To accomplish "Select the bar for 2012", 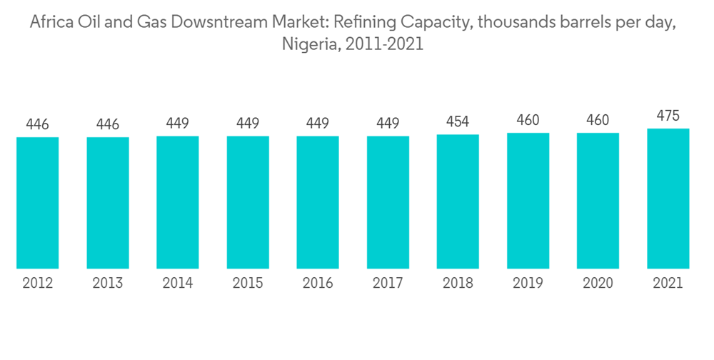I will [37, 203].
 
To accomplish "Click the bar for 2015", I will [248, 202].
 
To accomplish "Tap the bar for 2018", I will [458, 201].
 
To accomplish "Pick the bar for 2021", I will [668, 199].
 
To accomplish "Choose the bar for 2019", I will [528, 201].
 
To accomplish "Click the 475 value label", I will [668, 116].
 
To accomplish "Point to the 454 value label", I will [458, 121].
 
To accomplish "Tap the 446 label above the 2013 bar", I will [107, 124].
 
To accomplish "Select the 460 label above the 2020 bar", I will [598, 120].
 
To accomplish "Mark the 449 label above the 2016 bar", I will [318, 124].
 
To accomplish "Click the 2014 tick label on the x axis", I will [178, 284].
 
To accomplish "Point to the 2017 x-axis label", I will [388, 284].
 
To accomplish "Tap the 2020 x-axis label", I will [598, 284].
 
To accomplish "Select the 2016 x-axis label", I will [318, 284].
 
